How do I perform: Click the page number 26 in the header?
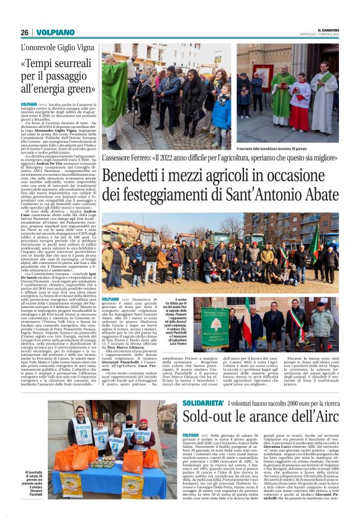(24, 32)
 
